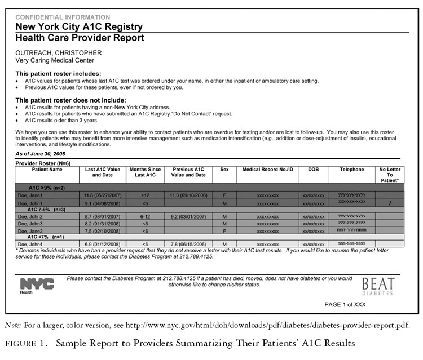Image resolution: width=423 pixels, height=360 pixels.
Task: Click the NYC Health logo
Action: (x=37, y=285)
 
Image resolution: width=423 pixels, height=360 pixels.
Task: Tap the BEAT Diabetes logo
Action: (x=378, y=286)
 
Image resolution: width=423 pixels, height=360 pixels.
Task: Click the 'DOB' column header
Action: (x=313, y=169)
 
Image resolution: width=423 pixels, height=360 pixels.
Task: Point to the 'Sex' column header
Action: (x=224, y=169)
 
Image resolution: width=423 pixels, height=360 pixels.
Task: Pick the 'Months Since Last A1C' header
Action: (x=145, y=172)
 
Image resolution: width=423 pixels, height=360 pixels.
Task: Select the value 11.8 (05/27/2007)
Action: (x=102, y=195)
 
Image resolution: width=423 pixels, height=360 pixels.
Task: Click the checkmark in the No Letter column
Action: (x=390, y=202)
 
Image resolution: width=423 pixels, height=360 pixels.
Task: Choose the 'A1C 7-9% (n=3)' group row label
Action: (x=47, y=209)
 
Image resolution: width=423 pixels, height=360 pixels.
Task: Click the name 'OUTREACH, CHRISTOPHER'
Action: (x=58, y=53)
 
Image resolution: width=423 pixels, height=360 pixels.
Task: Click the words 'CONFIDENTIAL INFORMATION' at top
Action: (x=63, y=17)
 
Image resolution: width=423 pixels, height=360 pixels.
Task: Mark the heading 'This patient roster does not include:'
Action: (x=70, y=100)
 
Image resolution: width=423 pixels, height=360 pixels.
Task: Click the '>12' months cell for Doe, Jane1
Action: (x=145, y=195)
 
